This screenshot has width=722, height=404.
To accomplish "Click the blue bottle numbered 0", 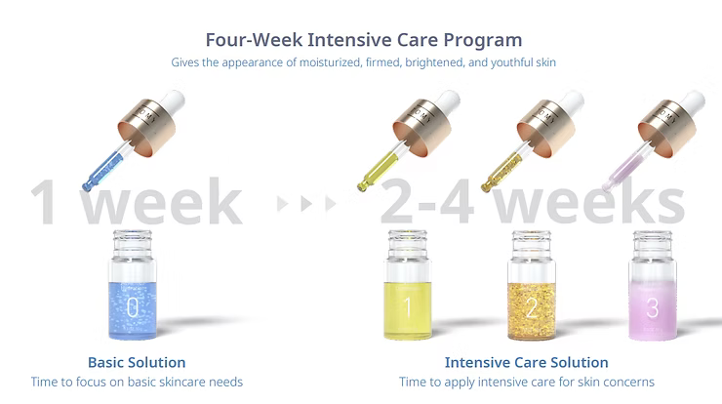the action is coord(133,286).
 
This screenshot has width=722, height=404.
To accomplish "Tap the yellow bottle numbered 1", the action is coord(408,286).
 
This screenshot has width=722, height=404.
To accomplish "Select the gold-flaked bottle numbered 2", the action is coord(532,286).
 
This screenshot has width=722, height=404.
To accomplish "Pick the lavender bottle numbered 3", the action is coord(653,286).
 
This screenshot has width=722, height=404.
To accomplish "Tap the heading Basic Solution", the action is coord(137,363).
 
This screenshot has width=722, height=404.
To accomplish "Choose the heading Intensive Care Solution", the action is coord(526,363).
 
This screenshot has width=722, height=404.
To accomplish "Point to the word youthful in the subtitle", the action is coord(511,62).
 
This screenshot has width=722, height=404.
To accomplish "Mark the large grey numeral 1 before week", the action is coord(45,202).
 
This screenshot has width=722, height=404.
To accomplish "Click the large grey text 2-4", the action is coord(426,202).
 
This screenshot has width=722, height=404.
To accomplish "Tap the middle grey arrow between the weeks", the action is coord(306,203).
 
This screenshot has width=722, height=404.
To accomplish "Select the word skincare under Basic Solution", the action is coord(176,382).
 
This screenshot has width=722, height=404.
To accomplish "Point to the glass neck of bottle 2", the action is coord(532,245).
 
